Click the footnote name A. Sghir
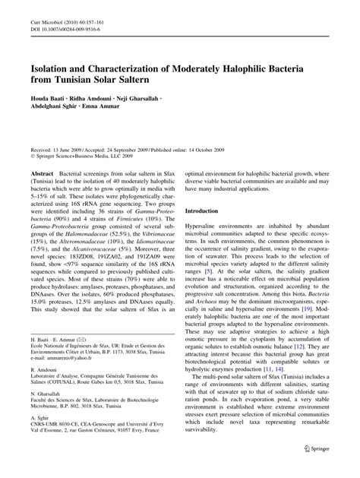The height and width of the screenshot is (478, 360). tap(40, 443)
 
